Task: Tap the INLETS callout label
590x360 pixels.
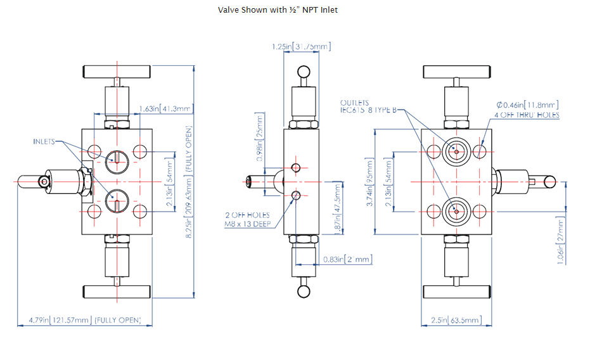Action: pos(44,141)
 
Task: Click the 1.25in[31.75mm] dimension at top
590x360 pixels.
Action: pos(301,46)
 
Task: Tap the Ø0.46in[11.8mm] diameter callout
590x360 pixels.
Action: pos(527,104)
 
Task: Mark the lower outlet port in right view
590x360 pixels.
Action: pos(455,212)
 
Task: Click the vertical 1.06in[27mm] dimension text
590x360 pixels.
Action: pos(560,242)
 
